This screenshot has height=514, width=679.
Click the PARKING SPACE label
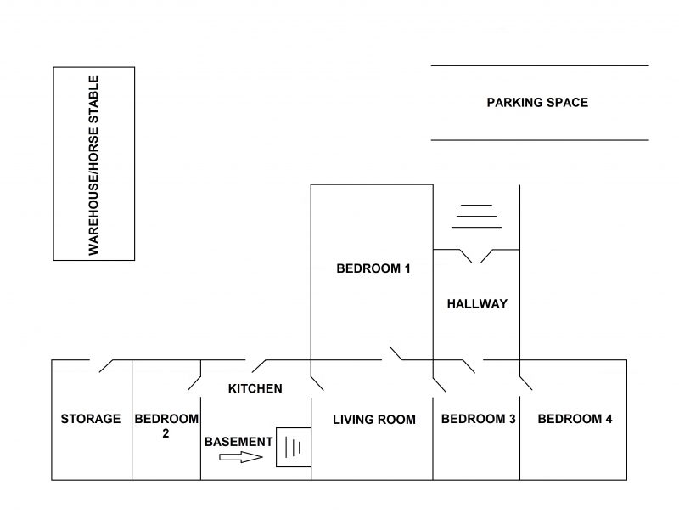point(537,103)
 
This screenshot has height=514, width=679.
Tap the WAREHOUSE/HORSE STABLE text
point(93,165)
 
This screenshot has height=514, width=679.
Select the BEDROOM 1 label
point(373,268)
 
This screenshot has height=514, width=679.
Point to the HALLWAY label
point(477,304)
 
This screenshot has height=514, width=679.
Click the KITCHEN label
point(255,389)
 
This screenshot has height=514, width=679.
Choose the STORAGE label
point(91,419)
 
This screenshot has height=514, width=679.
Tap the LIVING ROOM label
point(374,420)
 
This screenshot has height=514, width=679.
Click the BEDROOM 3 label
point(479,419)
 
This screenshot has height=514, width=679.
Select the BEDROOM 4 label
point(575,419)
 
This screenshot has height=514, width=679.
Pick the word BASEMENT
point(238,442)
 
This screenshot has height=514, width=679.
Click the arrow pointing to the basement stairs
point(241,457)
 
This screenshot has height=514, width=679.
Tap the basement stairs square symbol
point(294,447)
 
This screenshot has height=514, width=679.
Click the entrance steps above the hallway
point(476,217)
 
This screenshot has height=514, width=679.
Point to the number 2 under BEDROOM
point(166,433)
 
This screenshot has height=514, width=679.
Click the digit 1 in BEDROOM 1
point(407,268)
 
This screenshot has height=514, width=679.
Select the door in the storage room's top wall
point(106,366)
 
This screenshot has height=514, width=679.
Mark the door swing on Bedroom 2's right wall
point(194,383)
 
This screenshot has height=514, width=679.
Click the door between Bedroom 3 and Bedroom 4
point(525,383)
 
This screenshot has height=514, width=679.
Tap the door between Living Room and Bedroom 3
point(439,384)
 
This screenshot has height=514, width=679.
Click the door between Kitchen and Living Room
point(317,383)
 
